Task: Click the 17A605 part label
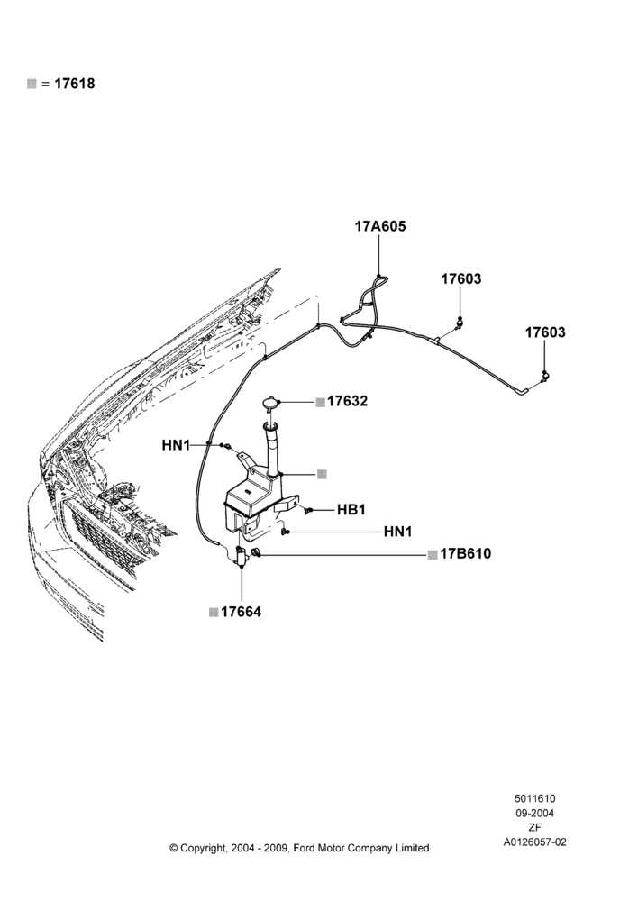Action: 380,226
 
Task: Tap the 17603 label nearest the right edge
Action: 545,332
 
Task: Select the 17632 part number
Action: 347,401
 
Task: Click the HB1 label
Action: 351,510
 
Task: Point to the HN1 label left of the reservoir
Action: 176,445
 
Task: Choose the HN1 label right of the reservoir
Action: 397,532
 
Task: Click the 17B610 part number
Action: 466,554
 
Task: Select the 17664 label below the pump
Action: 241,613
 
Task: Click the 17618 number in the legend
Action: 75,84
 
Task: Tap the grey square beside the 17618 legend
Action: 32,84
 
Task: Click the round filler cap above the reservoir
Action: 269,403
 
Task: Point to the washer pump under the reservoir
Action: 241,556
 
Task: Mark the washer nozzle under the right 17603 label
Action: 543,377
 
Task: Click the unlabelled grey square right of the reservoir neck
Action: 322,474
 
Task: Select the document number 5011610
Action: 534,798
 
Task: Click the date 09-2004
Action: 534,813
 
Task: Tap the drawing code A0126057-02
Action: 534,842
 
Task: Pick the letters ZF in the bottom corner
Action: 534,828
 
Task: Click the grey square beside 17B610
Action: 433,554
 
